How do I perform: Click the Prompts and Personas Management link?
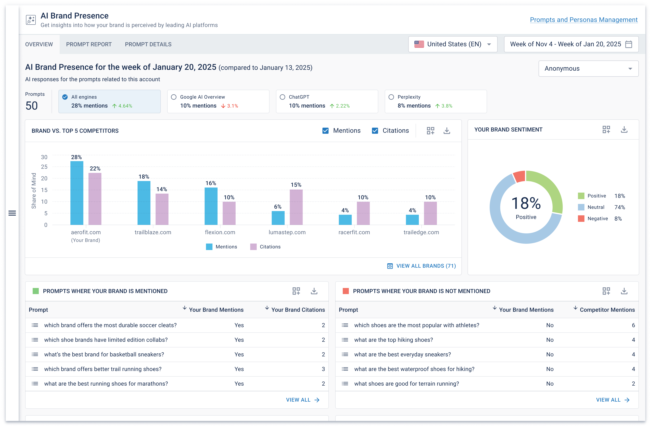(583, 20)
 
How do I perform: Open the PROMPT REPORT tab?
(89, 44)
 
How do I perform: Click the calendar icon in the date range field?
(628, 44)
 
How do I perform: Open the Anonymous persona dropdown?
(588, 69)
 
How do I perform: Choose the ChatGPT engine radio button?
(282, 97)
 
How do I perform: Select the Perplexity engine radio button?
(391, 97)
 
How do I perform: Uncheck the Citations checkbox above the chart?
(375, 131)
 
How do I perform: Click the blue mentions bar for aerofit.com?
(77, 193)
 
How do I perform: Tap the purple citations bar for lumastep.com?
(296, 207)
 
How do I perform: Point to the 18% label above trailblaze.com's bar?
(144, 177)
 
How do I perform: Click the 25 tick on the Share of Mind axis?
(44, 167)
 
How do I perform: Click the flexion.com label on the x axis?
(220, 232)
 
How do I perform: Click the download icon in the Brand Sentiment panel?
(624, 130)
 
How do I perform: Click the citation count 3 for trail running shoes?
(323, 369)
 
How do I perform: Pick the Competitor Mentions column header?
(607, 310)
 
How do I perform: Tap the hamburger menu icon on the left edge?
(12, 213)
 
